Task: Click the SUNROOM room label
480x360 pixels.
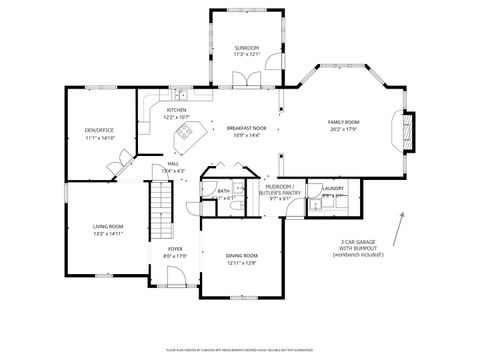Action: pyautogui.click(x=246, y=48)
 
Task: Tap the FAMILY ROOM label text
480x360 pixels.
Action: pyautogui.click(x=342, y=122)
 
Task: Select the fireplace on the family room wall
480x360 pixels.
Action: pyautogui.click(x=406, y=131)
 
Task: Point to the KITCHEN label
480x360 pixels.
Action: pyautogui.click(x=176, y=110)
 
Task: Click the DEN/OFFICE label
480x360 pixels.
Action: pyautogui.click(x=100, y=130)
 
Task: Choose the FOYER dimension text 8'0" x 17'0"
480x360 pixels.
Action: pyautogui.click(x=174, y=255)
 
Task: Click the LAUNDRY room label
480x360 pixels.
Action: pyautogui.click(x=333, y=188)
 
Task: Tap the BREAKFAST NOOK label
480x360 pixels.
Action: pyautogui.click(x=246, y=128)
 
